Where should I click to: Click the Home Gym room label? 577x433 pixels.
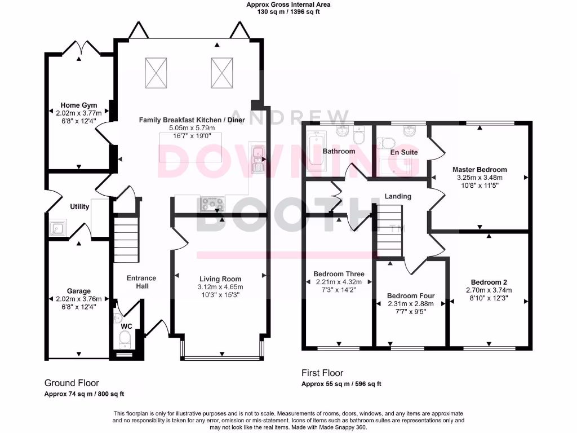(79, 105)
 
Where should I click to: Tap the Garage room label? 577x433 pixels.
(79, 291)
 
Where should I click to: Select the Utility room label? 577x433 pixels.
(79, 207)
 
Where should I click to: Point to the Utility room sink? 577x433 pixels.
(57, 229)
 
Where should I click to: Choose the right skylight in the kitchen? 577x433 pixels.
(222, 73)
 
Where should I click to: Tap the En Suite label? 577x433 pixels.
(403, 152)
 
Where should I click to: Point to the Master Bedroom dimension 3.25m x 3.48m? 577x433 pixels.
(480, 177)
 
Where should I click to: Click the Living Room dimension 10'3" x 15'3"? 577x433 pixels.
(220, 296)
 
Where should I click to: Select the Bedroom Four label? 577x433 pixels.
(410, 296)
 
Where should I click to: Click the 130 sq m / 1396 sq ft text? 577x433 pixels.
(288, 12)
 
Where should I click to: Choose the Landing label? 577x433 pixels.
(398, 196)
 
